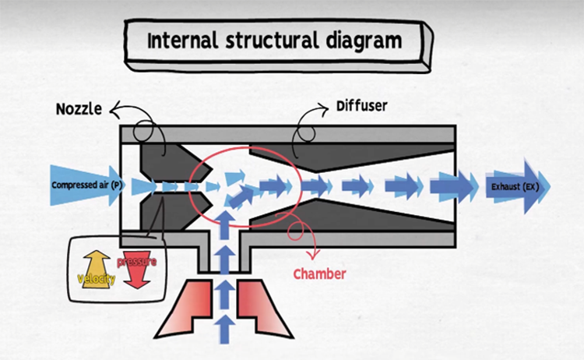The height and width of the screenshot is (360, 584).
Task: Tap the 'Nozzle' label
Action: point(79,108)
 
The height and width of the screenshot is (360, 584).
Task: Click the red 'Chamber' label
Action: point(319,274)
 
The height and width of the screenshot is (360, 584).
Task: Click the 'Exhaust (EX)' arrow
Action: point(517,187)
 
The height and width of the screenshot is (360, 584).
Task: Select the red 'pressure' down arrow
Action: point(135,270)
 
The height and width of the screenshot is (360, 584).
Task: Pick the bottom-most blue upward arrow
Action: point(225,327)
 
